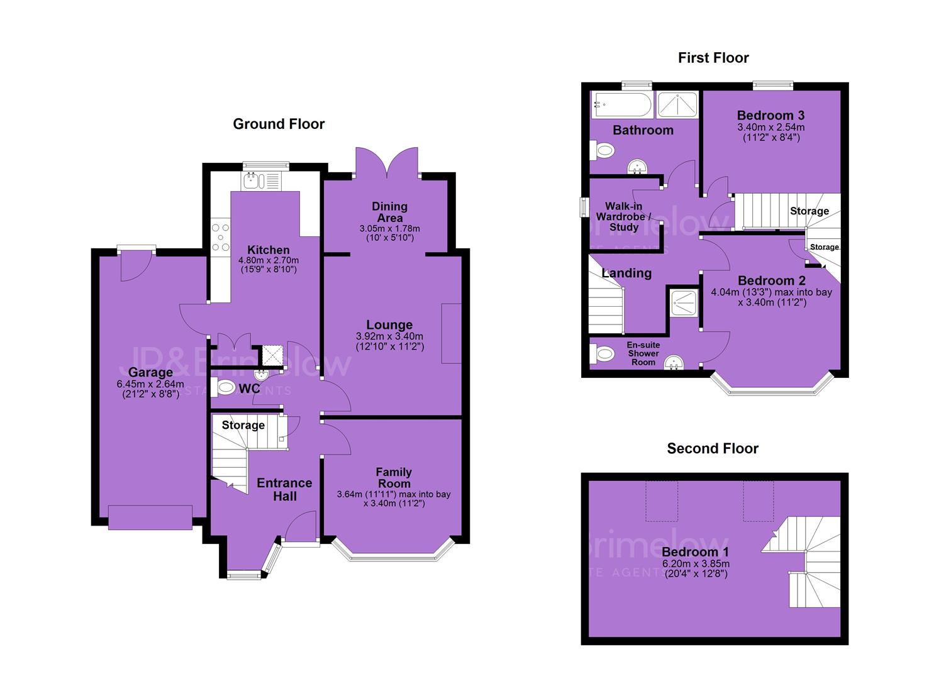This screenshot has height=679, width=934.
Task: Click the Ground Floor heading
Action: pos(279,124)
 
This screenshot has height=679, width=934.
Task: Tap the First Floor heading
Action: pos(713,58)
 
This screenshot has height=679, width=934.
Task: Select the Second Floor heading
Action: pos(713,448)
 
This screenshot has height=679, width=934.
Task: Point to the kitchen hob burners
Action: pos(220,237)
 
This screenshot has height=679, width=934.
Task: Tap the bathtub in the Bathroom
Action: pos(621,104)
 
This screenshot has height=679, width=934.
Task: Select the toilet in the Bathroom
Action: pos(603,150)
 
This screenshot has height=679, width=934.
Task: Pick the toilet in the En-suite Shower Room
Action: pos(603,354)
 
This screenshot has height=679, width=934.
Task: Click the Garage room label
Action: pos(150,372)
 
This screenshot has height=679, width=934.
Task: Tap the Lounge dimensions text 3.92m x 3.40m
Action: pos(389,336)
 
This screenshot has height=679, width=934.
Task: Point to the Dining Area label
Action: pos(389,212)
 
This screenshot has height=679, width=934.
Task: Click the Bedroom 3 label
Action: pos(771,115)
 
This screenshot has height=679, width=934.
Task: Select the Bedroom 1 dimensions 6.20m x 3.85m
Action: pos(696,563)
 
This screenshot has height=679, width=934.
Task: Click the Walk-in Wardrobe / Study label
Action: pos(623,217)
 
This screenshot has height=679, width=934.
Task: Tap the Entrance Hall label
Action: pos(284,489)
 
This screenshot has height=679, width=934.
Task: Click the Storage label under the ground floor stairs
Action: pos(243,425)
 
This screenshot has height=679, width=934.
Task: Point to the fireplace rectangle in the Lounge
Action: pos(451,333)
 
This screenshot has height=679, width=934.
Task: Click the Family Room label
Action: pos(394,478)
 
